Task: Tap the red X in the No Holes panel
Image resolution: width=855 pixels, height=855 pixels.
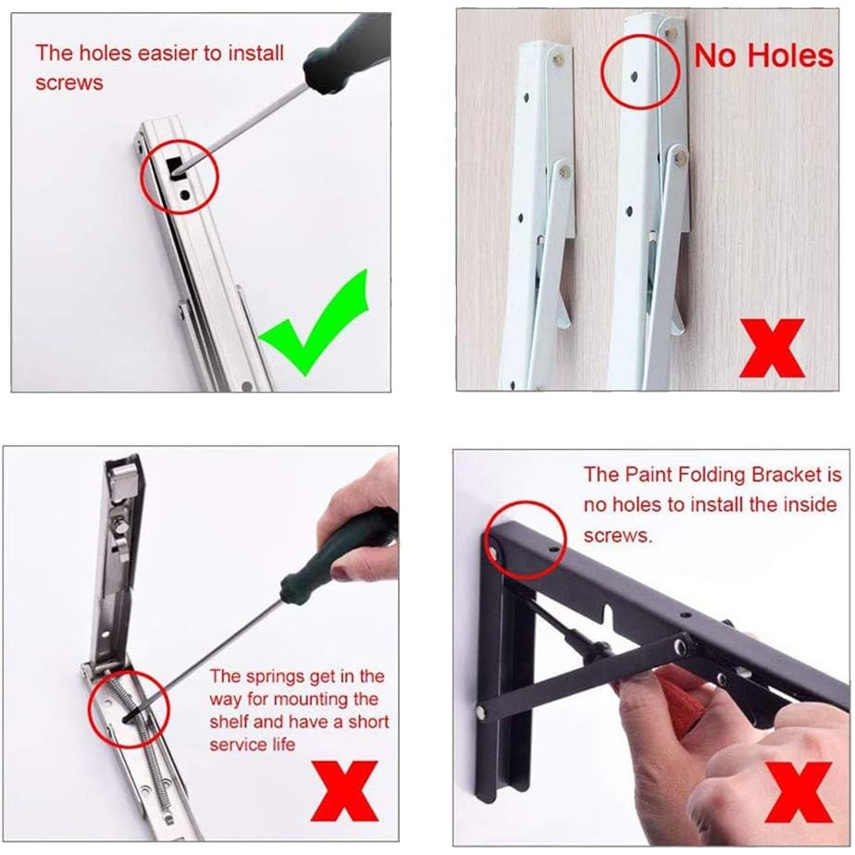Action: (x=772, y=349)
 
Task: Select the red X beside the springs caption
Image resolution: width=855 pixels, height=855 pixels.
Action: (x=344, y=790)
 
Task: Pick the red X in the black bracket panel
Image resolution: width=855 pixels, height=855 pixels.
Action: (x=799, y=792)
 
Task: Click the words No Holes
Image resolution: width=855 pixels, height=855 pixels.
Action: (x=764, y=56)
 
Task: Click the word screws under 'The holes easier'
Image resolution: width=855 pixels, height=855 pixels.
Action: (x=69, y=83)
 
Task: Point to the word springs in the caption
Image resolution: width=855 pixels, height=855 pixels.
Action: (x=276, y=677)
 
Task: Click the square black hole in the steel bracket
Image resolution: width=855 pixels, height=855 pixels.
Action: (x=176, y=167)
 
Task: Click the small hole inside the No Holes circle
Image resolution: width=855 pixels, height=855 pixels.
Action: (x=634, y=78)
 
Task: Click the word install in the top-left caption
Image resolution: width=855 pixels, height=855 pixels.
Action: (x=255, y=54)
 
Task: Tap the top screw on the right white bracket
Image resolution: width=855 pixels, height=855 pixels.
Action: (x=671, y=33)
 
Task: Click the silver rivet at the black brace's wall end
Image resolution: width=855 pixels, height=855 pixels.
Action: (x=481, y=711)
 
